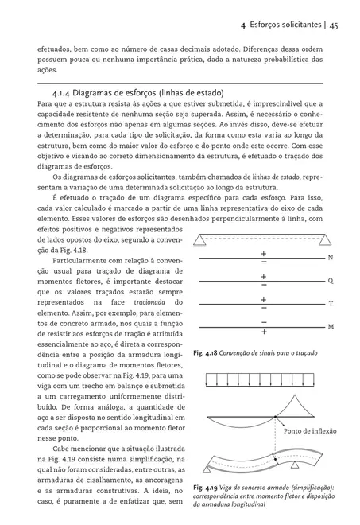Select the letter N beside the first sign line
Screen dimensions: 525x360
pos(331,259)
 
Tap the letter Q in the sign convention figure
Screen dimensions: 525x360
pos(331,281)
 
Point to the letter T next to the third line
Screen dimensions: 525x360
pos(331,304)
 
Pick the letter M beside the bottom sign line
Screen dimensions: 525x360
pos(331,327)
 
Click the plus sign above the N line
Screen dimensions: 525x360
pos(263,254)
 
